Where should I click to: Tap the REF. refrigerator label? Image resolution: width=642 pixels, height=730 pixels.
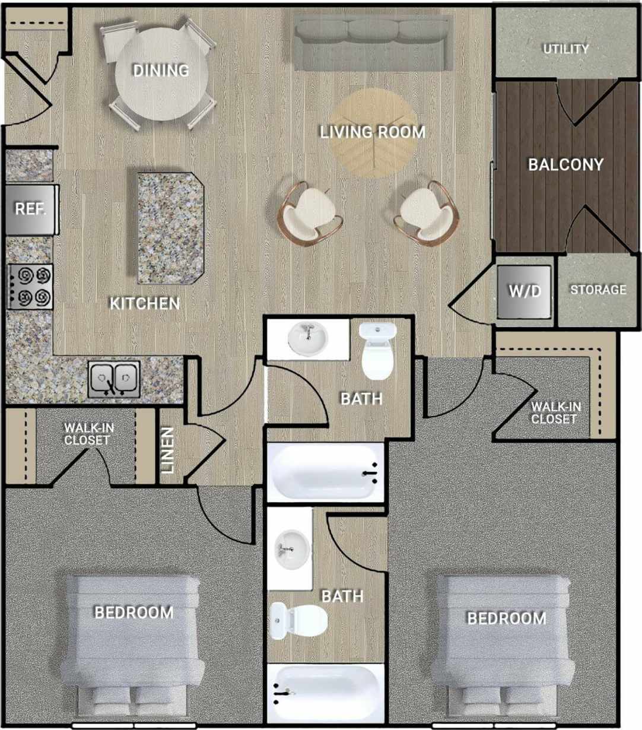pyautogui.click(x=30, y=209)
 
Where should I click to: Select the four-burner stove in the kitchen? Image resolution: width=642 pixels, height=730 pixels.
pyautogui.click(x=30, y=286)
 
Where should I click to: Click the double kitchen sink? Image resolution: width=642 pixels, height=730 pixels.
pyautogui.click(x=115, y=379)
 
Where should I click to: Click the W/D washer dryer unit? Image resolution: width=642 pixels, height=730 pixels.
pyautogui.click(x=525, y=291)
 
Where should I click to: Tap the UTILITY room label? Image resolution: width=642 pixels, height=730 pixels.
pyautogui.click(x=566, y=49)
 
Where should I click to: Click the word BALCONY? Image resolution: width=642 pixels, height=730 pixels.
pyautogui.click(x=565, y=164)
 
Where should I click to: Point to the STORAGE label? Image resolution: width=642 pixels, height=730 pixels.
pyautogui.click(x=598, y=290)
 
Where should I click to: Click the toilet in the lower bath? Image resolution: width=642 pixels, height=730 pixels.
pyautogui.click(x=297, y=620)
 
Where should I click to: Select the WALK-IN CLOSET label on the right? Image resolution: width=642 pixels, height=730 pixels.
pyautogui.click(x=555, y=413)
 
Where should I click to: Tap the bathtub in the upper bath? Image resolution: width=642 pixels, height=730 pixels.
pyautogui.click(x=325, y=472)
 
